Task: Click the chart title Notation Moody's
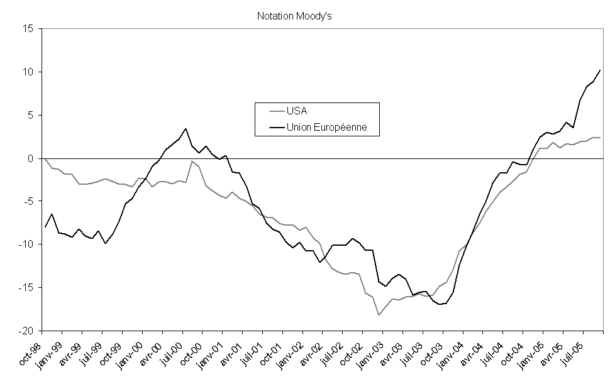tap(294, 16)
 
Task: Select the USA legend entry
tap(297, 111)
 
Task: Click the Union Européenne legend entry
tap(326, 127)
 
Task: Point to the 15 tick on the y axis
tap(29, 29)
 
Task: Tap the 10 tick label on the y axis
tap(29, 72)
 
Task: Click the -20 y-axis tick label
tap(26, 331)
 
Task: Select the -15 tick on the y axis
tap(26, 288)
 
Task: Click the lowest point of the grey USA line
tap(379, 314)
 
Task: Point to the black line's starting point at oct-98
tap(45, 227)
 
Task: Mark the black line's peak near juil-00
tap(186, 129)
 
